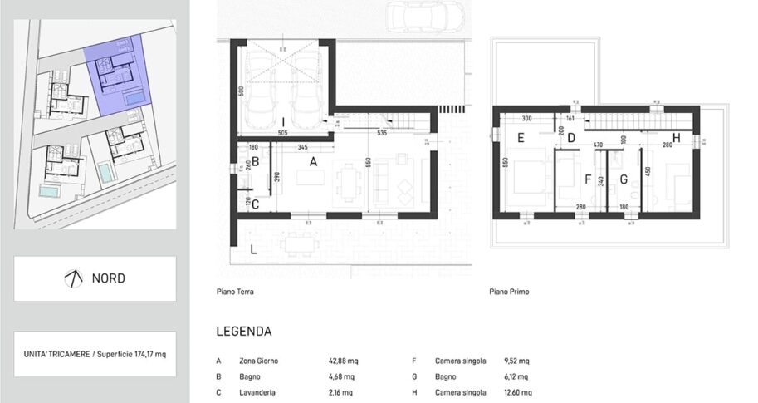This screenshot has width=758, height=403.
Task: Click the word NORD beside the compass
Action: [x=109, y=278]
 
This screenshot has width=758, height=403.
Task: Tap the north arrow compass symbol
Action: [x=74, y=278]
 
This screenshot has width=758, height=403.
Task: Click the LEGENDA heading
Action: [x=243, y=332]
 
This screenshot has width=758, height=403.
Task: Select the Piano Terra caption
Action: [x=234, y=292]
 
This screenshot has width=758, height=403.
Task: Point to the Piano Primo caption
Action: [x=509, y=292]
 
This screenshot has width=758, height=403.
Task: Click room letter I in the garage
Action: [x=283, y=123]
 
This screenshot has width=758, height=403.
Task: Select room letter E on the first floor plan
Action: [x=521, y=139]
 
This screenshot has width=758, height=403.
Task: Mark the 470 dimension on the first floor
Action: [x=597, y=145]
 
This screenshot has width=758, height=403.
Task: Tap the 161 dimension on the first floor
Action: [x=570, y=118]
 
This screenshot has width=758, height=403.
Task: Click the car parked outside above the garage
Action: [x=427, y=16]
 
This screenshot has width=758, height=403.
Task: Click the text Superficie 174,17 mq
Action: [x=127, y=354]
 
